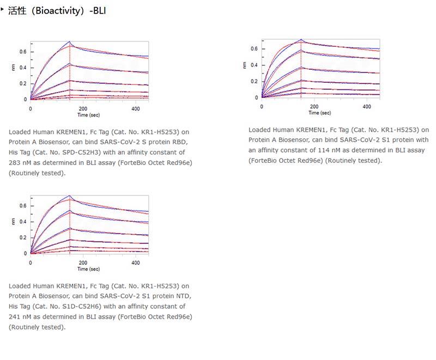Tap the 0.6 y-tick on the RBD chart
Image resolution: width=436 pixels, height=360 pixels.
point(23,52)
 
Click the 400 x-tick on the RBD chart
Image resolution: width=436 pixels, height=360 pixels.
point(135,109)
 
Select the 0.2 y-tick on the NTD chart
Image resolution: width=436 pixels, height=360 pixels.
point(23,237)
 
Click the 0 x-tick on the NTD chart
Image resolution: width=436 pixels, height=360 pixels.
point(31,263)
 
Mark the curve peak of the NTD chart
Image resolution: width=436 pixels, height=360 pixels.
point(70,195)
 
